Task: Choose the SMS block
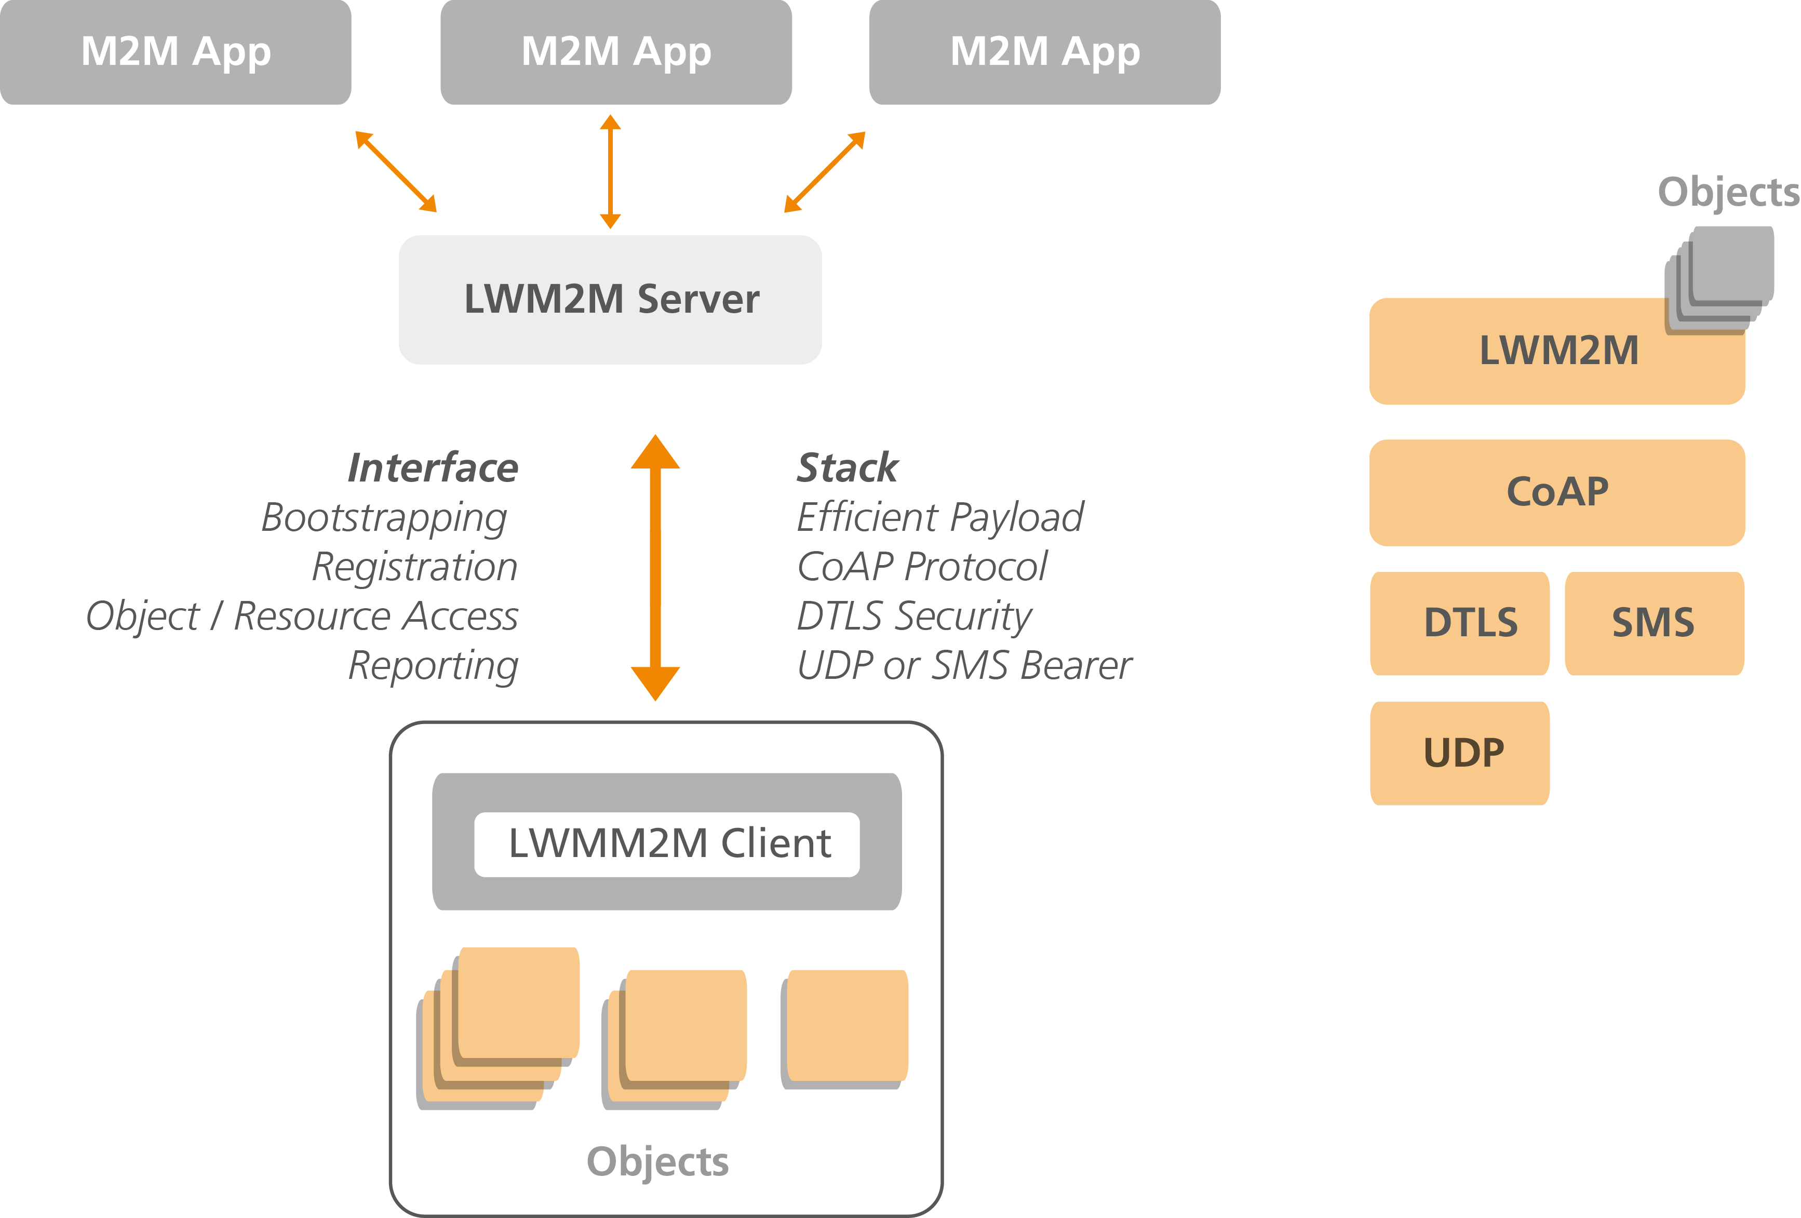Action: [x=1654, y=623]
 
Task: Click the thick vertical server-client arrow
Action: [x=655, y=568]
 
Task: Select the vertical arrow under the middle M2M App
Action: [x=611, y=171]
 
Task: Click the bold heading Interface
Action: [x=433, y=467]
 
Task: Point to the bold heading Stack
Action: [x=847, y=467]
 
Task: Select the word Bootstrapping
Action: [x=384, y=518]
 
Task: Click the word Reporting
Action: [x=433, y=666]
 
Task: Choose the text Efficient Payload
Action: [x=940, y=517]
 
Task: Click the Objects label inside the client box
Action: [x=657, y=1161]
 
